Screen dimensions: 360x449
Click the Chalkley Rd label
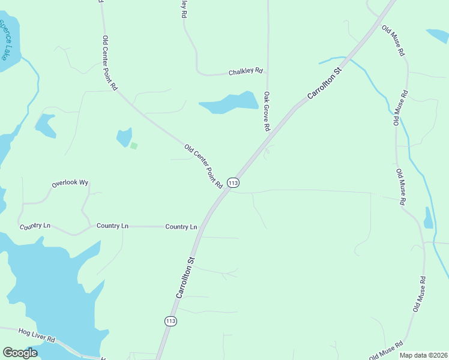246,71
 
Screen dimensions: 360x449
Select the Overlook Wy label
70,182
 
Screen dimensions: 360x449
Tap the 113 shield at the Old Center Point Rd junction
234,182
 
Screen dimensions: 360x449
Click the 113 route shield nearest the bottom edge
170,321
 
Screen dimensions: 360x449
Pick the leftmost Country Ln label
35,226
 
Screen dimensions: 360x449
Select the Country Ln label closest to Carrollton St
181,227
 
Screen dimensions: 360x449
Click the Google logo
20,352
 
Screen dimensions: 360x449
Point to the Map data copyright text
423,355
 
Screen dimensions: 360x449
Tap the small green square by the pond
134,145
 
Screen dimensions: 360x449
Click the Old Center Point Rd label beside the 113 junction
203,166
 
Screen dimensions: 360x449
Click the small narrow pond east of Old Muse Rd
428,218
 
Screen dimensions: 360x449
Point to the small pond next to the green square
124,137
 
